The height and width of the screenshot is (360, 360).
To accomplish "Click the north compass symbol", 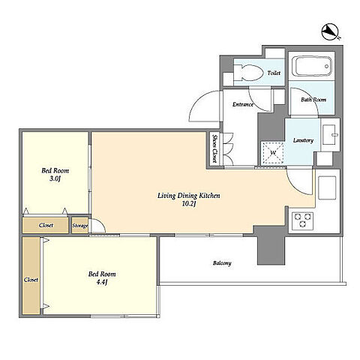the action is [x=330, y=32].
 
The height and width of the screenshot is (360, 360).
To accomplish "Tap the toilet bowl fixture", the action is [x=249, y=73].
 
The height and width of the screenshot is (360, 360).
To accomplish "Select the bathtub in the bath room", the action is [x=312, y=66].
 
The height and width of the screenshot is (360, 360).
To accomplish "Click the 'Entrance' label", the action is [x=243, y=104].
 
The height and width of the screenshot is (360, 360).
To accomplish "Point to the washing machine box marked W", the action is [x=272, y=153].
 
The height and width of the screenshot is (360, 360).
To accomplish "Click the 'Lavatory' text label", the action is [x=303, y=140].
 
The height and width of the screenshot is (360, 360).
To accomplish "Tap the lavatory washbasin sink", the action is [x=330, y=135].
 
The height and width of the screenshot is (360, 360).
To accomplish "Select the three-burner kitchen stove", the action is [x=302, y=220].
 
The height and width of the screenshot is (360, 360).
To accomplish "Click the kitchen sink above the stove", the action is [x=327, y=187].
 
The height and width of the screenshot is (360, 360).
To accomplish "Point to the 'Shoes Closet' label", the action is [x=214, y=148].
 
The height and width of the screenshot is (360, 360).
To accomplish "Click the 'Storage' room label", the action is [x=80, y=226].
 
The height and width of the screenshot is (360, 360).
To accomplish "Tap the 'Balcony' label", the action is [x=222, y=263].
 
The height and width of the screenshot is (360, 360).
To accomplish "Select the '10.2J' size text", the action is [x=188, y=204].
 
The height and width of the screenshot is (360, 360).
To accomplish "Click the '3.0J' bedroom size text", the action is [x=55, y=178].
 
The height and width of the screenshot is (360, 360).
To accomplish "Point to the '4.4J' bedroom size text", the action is [x=102, y=282].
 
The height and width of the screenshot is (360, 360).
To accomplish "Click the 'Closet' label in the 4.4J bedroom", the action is [x=31, y=280].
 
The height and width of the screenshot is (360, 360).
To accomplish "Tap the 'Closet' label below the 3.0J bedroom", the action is [x=46, y=225].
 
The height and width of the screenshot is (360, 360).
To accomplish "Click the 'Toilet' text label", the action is [x=274, y=73].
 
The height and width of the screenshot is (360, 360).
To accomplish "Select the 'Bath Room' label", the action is [x=313, y=100].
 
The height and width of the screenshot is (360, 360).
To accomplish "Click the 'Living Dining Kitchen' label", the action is [x=189, y=196].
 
